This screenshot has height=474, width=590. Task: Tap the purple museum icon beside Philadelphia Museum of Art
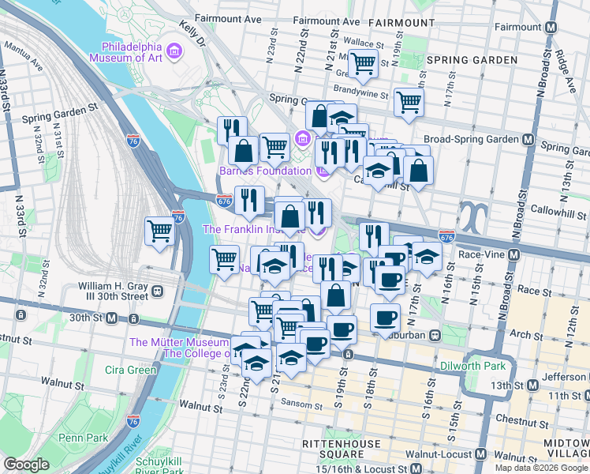[174, 52]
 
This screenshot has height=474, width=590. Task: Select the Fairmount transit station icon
[551, 26]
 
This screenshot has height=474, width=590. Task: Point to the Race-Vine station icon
[514, 255]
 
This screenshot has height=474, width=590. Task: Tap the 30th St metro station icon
[112, 318]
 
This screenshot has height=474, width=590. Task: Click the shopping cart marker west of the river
[159, 232]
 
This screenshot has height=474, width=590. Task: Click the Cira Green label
[130, 370]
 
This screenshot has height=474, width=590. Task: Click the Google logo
[27, 465]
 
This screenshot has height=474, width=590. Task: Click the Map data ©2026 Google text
[540, 467]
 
